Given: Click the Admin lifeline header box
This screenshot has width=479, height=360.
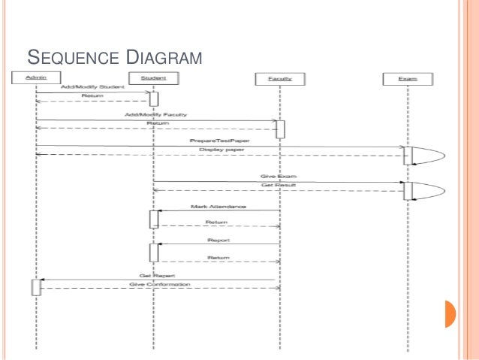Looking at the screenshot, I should (36, 78).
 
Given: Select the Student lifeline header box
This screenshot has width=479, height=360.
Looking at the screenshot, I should (153, 78).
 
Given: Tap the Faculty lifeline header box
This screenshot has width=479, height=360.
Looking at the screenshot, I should (280, 78).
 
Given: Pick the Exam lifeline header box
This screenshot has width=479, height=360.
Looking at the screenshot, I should (408, 78).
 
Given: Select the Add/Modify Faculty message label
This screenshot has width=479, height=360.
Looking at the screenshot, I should (155, 115).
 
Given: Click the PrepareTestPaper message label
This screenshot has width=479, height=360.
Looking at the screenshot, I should (219, 141).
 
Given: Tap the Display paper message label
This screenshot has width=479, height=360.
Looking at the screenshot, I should (218, 150).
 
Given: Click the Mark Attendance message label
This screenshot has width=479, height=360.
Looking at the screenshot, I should (218, 206).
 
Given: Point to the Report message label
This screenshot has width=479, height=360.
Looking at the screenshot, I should (218, 239).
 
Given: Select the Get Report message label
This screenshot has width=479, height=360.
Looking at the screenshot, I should (152, 276).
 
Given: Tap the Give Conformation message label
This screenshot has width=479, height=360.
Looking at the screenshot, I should (159, 285).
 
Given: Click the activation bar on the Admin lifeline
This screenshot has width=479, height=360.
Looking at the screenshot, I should (36, 286).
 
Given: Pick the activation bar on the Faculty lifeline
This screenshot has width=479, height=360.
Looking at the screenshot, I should (280, 129).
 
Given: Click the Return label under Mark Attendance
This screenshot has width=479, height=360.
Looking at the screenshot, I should (218, 222).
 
